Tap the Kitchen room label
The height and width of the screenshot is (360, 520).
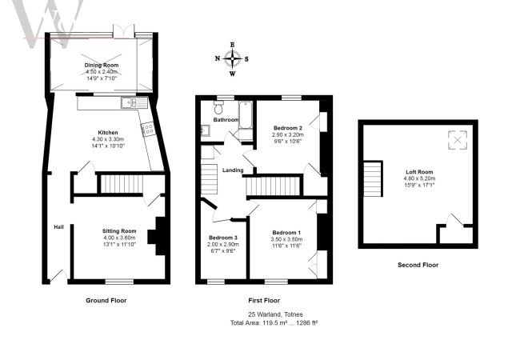108,132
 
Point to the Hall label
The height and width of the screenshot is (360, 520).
58,226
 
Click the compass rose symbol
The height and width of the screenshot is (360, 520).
233,58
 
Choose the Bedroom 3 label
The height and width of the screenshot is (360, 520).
221,238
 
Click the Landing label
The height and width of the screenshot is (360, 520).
233,170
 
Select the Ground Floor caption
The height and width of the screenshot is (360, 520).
106,301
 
